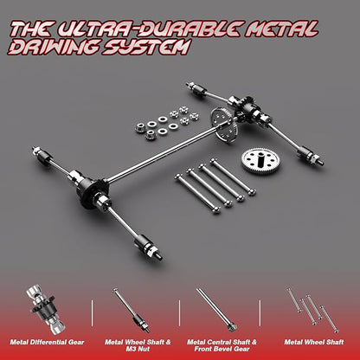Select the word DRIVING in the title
click(54, 47)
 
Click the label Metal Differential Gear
click(47, 342)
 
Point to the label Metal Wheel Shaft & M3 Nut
click(138, 345)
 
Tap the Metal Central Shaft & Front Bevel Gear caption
click(222, 345)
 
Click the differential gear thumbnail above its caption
click(46, 309)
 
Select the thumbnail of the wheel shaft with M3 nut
click(132, 310)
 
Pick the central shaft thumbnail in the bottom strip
click(216, 310)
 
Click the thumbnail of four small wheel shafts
click(312, 309)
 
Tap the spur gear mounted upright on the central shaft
click(222, 125)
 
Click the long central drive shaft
click(163, 153)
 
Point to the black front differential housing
click(92, 189)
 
